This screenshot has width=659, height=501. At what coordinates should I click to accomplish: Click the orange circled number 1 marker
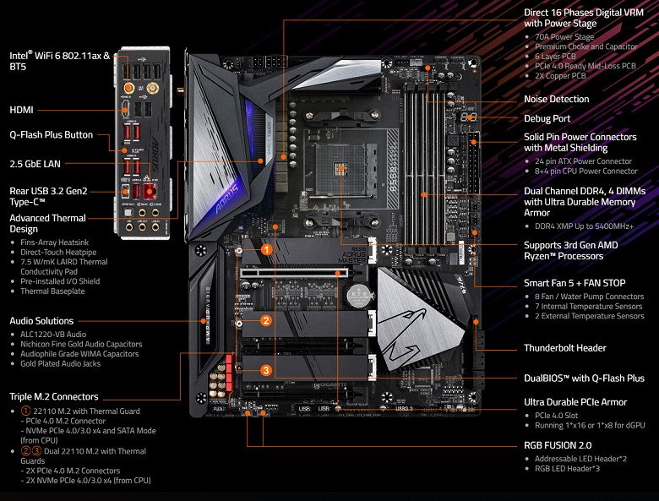[x=265, y=249]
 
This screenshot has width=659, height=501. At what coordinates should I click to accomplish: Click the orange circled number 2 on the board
[x=265, y=320]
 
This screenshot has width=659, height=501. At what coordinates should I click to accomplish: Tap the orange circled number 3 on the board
[x=265, y=370]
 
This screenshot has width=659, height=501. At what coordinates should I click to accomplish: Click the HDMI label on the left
[x=21, y=110]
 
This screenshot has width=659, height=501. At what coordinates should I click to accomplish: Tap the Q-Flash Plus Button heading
[x=51, y=134]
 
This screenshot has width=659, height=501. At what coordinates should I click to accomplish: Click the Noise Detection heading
[x=556, y=100]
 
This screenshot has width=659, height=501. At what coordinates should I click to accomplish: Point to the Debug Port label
[x=547, y=119]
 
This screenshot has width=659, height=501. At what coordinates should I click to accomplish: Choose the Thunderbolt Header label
[x=564, y=348]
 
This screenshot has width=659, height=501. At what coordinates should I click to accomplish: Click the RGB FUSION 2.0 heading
[x=558, y=444]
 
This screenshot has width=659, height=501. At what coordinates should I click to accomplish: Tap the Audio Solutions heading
[x=41, y=321]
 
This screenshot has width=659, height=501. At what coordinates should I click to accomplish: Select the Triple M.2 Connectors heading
[x=54, y=396]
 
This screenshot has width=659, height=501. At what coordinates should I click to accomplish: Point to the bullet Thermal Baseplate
[x=52, y=291]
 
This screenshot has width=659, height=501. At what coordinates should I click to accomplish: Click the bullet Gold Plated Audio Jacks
[x=62, y=364]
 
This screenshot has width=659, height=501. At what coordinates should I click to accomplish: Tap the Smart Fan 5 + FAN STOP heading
[x=575, y=283]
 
